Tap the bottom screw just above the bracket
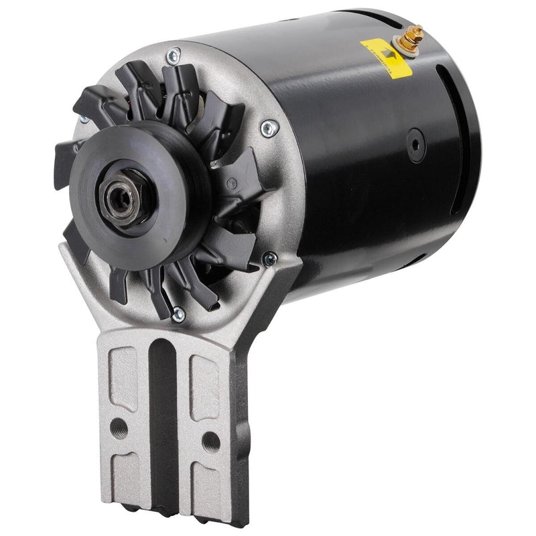tap(178, 312)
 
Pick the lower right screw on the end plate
tap(269, 257)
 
